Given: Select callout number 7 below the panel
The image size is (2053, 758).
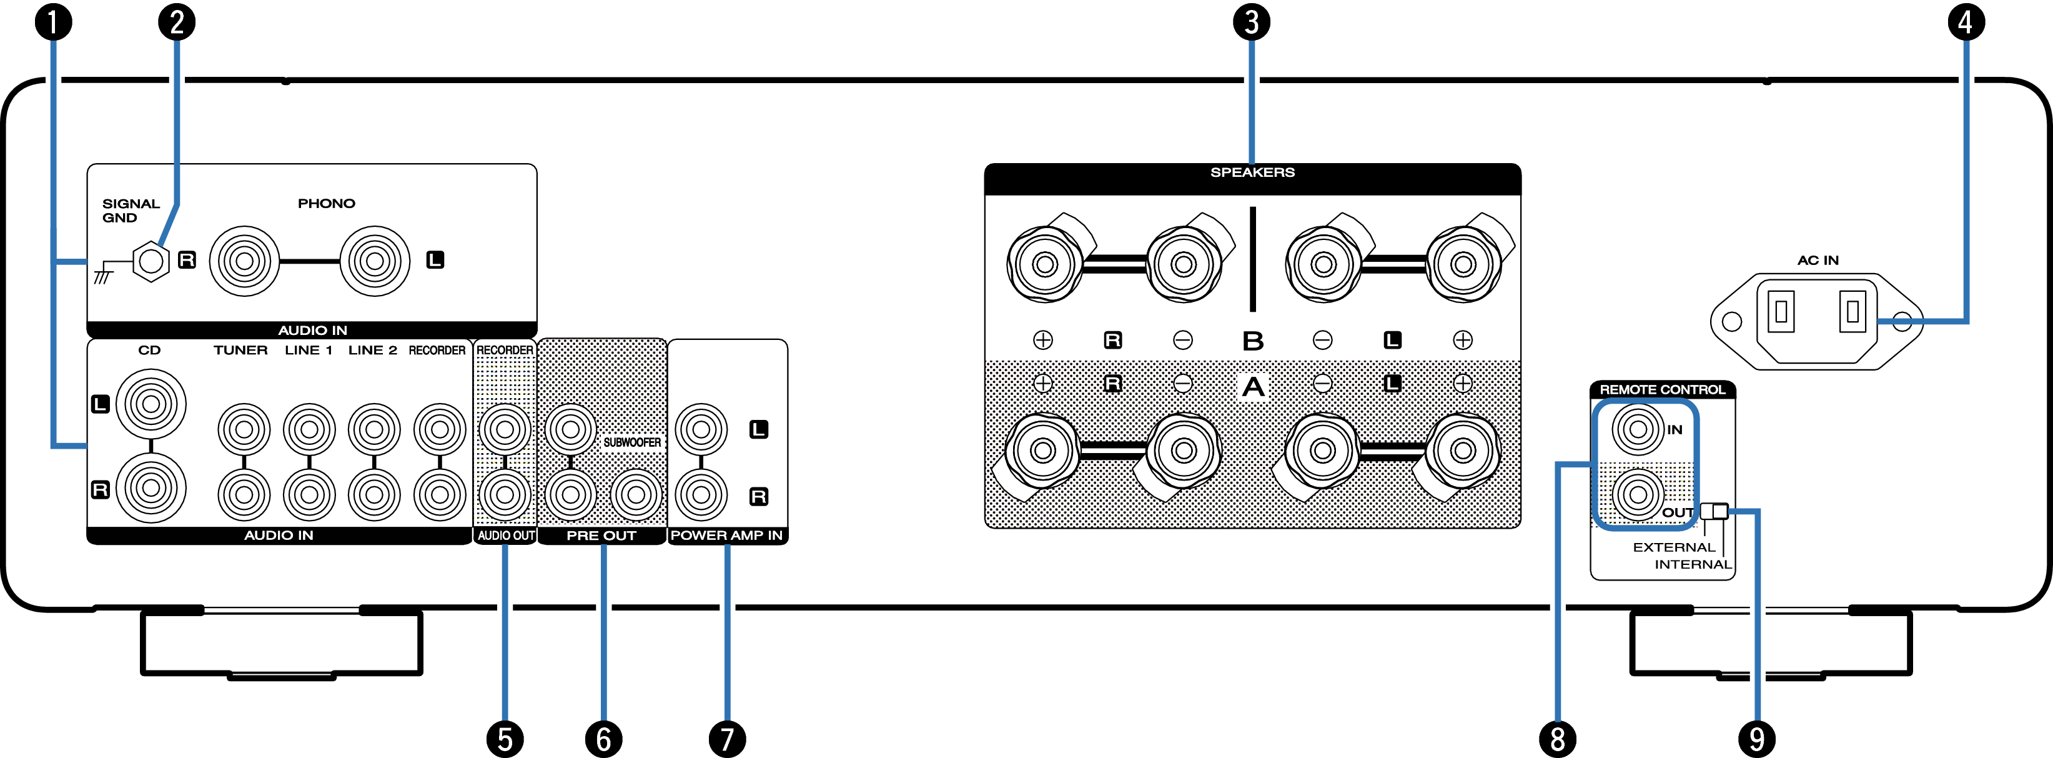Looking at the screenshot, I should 727,739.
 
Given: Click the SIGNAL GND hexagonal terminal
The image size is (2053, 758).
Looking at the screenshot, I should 151,261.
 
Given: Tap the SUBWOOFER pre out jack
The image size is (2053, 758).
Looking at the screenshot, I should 636,495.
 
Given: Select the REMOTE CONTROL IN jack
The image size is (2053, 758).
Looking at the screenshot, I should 1637,429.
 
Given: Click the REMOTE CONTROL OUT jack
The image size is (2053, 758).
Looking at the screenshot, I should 1637,495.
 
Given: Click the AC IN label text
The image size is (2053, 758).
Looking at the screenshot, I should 1818,260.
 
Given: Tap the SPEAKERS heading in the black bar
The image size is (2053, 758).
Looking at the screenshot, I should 1252,172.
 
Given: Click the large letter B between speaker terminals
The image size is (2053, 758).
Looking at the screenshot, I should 1252,341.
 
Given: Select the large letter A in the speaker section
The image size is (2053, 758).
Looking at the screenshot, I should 1252,387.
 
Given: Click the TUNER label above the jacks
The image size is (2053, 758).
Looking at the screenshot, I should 240,350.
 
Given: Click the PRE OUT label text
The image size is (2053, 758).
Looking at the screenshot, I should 601,536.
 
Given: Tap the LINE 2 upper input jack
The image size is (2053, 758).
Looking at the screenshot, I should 373,429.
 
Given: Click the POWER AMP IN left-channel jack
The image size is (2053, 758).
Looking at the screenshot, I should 701,429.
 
